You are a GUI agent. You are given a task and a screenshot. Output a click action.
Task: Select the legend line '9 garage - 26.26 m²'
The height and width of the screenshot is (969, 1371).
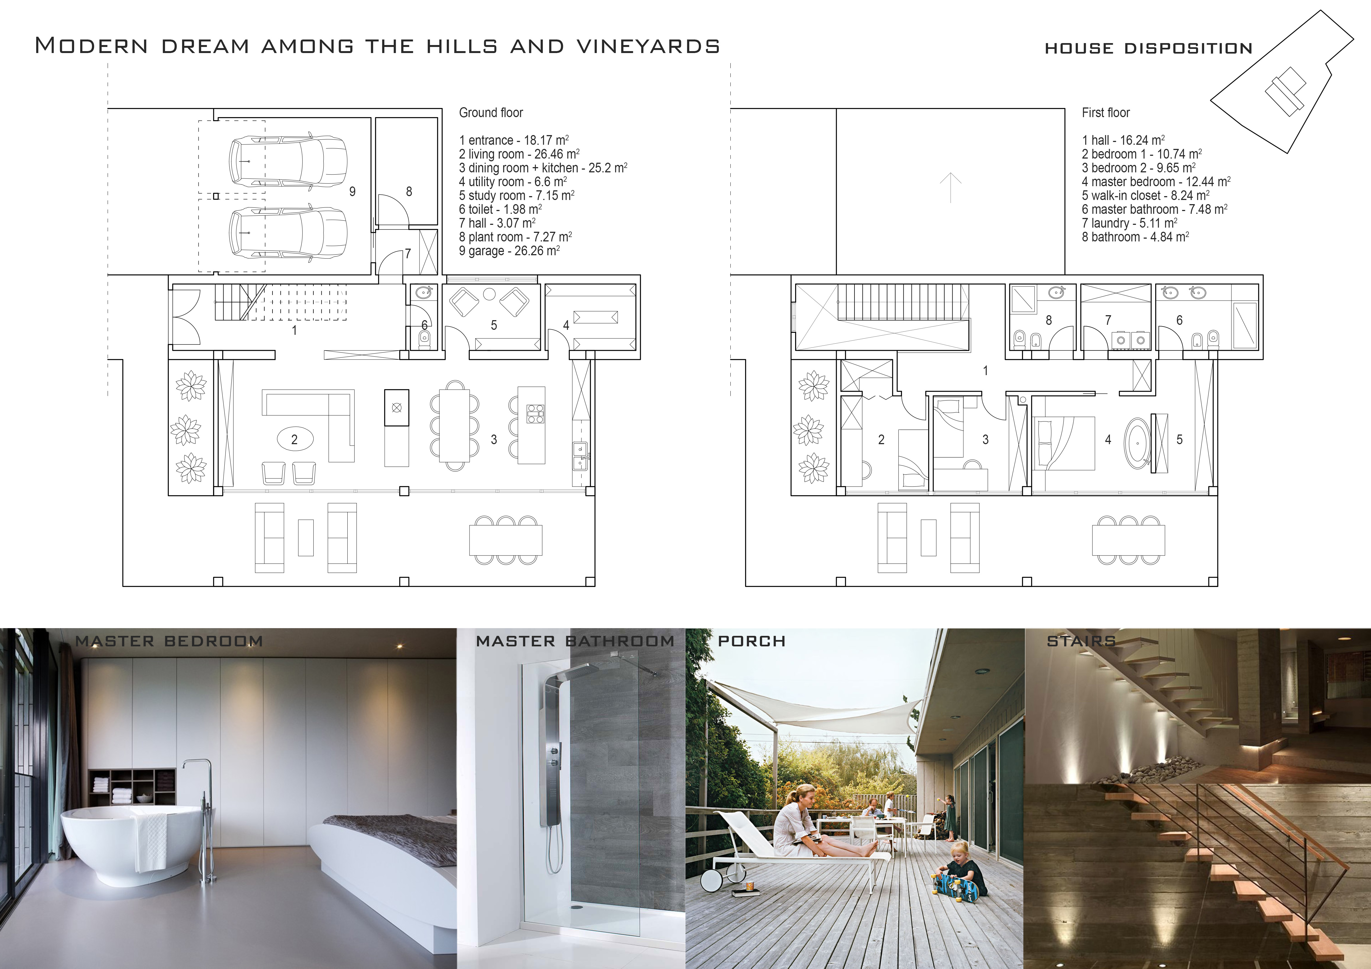509,251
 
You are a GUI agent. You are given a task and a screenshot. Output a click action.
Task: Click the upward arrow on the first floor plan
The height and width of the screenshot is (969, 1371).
951,187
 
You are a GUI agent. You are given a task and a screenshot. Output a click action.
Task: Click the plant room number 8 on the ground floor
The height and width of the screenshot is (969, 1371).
409,191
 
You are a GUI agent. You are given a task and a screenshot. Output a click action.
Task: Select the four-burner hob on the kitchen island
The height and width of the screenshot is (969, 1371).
536,414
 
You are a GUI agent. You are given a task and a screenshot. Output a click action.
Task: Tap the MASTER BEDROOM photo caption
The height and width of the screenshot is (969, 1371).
169,641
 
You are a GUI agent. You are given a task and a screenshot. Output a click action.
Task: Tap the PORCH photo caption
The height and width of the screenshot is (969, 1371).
752,641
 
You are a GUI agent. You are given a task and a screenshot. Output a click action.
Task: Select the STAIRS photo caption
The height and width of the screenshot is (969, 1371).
1081,641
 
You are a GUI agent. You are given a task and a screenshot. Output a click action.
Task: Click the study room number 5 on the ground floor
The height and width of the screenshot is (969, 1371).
494,325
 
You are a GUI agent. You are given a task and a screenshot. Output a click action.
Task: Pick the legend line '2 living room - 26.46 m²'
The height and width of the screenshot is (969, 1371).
519,154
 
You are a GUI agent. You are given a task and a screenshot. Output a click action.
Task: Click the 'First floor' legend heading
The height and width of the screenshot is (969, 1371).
1106,113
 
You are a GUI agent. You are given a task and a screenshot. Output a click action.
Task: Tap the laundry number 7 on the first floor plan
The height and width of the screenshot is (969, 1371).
1108,320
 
